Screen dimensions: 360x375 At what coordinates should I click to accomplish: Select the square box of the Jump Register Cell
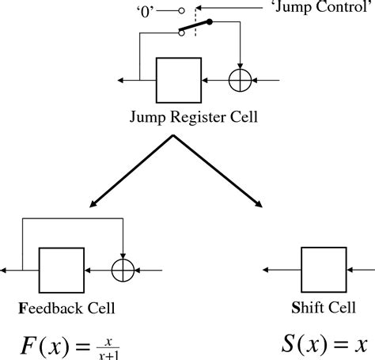pyautogui.click(x=179, y=80)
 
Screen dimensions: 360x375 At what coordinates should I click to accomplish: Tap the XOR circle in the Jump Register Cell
pyautogui.click(x=239, y=80)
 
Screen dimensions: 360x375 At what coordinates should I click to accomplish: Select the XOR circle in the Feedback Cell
pyautogui.click(x=123, y=271)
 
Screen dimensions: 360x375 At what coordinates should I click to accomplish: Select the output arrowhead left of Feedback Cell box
pyautogui.click(x=5, y=271)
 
